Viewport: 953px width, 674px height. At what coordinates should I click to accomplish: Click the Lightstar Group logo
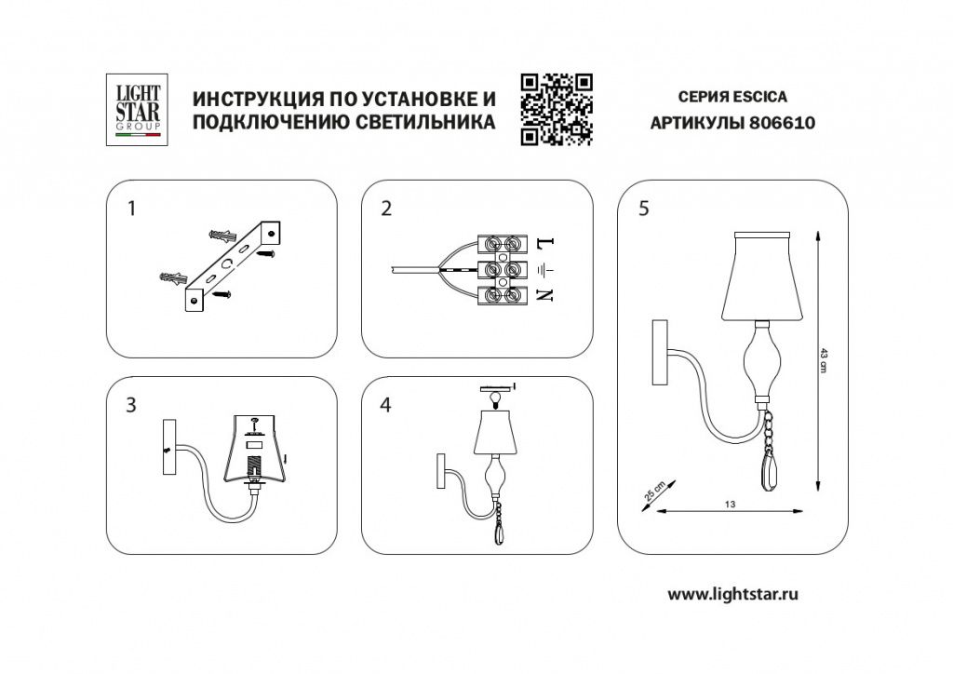pyautogui.click(x=137, y=110)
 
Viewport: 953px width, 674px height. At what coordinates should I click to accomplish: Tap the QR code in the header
pyautogui.click(x=557, y=110)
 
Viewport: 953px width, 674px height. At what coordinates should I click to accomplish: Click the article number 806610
pyautogui.click(x=782, y=124)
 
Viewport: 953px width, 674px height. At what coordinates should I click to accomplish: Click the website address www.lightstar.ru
pyautogui.click(x=733, y=594)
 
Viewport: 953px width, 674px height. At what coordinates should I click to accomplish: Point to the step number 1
pyautogui.click(x=131, y=209)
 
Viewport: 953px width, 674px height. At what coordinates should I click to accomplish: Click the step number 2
pyautogui.click(x=386, y=209)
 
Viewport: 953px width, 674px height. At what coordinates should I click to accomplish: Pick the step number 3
pyautogui.click(x=131, y=405)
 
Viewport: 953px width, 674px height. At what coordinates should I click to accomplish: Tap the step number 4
pyautogui.click(x=386, y=405)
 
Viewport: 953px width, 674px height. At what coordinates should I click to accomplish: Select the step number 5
pyautogui.click(x=644, y=209)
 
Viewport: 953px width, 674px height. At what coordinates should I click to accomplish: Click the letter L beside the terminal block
pyautogui.click(x=545, y=244)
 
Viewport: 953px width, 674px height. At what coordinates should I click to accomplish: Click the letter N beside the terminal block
pyautogui.click(x=545, y=295)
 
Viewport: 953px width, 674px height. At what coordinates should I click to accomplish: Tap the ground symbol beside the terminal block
pyautogui.click(x=546, y=268)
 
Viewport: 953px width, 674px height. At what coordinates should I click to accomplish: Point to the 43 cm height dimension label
pyautogui.click(x=825, y=360)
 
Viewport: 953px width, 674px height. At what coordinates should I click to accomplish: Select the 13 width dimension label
pyautogui.click(x=730, y=504)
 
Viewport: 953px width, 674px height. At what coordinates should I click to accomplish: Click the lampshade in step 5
pyautogui.click(x=762, y=276)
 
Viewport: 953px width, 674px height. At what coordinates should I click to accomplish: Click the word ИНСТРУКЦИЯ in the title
pyautogui.click(x=257, y=99)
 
